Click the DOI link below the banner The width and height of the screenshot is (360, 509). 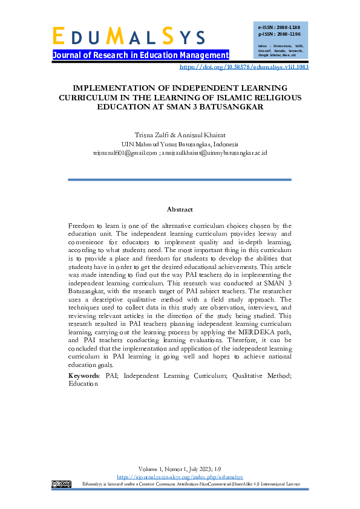[x=244, y=66]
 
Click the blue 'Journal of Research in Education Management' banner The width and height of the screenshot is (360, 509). [x=140, y=56]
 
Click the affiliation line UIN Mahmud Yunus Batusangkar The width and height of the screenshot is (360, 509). [x=180, y=144]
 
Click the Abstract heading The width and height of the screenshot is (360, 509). [x=180, y=209]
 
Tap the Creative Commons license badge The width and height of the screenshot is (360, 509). [x=62, y=484]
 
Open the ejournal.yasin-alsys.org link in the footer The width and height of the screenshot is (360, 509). [x=180, y=477]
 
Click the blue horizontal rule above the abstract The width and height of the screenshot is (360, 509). [x=180, y=180]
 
